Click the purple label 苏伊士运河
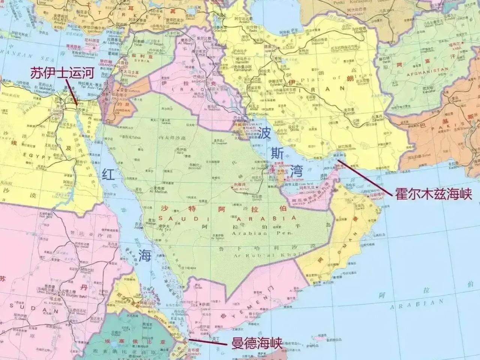click(x=62, y=72)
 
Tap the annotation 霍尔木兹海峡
click(x=433, y=194)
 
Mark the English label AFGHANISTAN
click(x=428, y=70)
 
